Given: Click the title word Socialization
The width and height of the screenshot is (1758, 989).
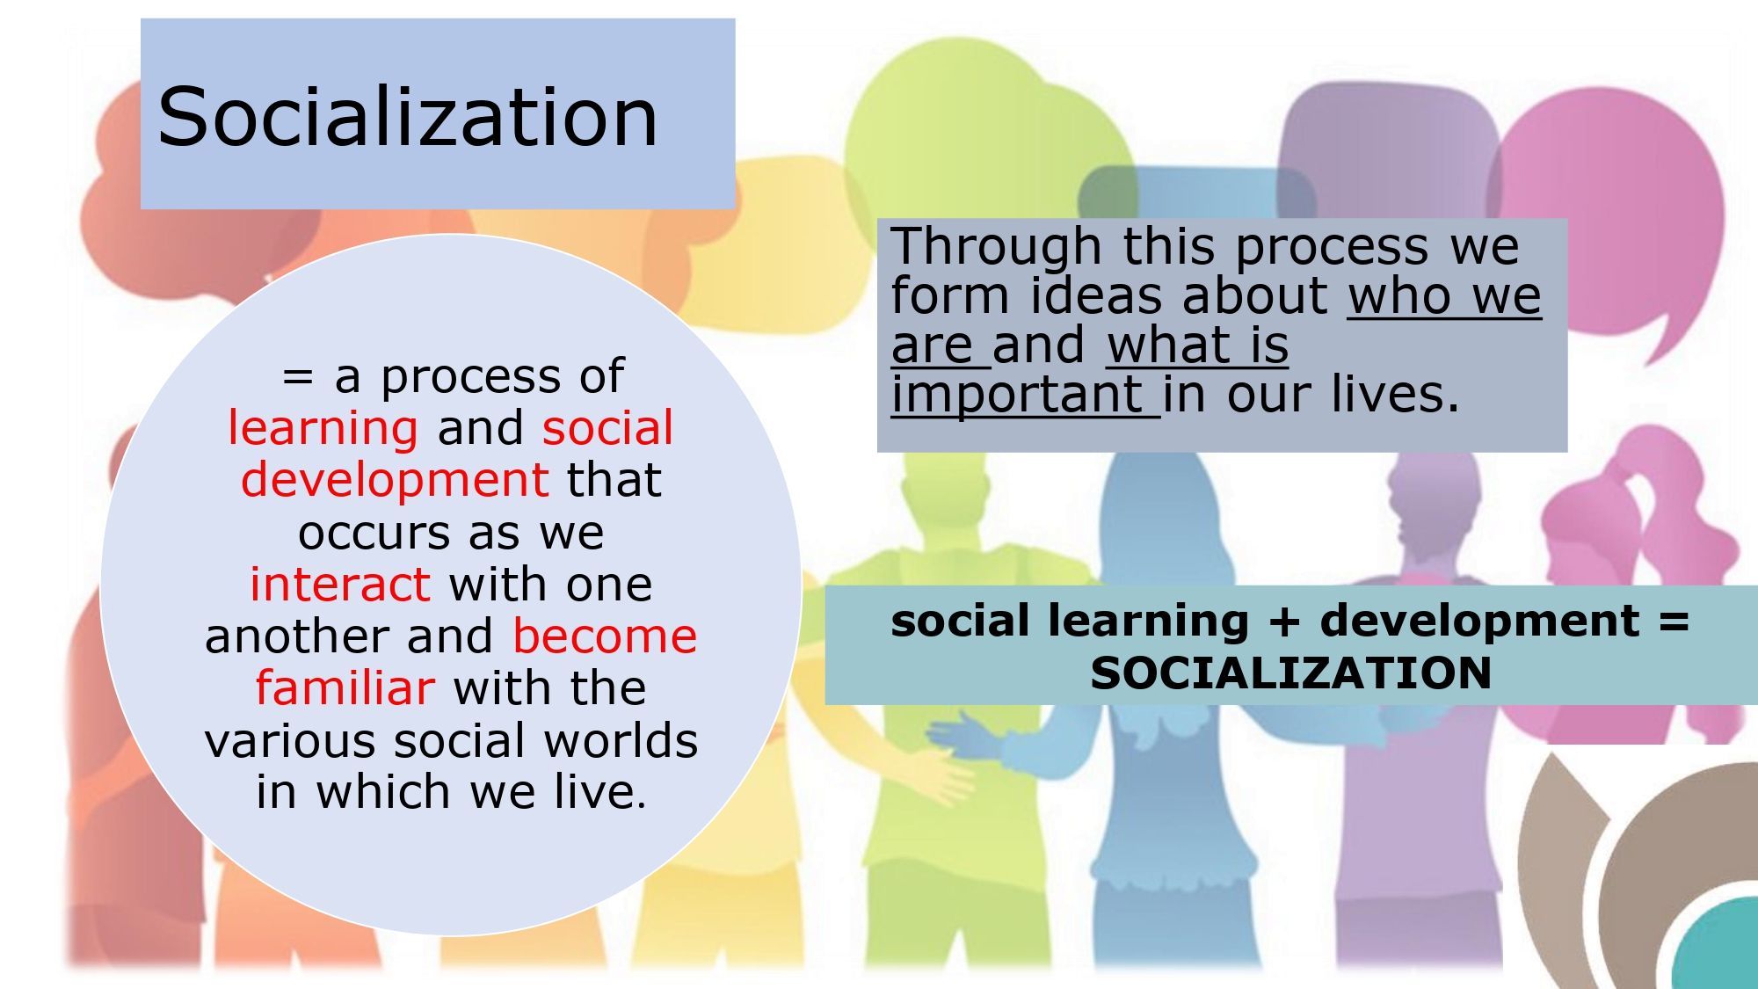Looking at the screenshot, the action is click(x=408, y=117).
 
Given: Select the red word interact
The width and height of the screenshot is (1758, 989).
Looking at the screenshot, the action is click(x=340, y=584).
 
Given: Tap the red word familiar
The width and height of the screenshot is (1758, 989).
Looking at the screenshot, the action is click(x=345, y=687).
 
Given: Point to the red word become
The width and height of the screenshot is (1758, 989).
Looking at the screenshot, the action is click(x=605, y=636).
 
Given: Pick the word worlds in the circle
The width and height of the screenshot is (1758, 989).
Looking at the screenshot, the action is click(x=621, y=740).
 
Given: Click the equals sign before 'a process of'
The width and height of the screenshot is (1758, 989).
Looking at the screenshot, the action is click(x=298, y=377).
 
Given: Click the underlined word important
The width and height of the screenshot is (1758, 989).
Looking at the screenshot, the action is click(x=1017, y=395).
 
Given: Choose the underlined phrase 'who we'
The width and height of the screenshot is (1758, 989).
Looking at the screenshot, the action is click(x=1445, y=295).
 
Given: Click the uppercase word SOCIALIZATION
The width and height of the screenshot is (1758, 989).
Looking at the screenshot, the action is click(x=1291, y=673).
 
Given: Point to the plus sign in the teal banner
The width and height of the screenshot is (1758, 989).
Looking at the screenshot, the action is click(x=1284, y=622).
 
